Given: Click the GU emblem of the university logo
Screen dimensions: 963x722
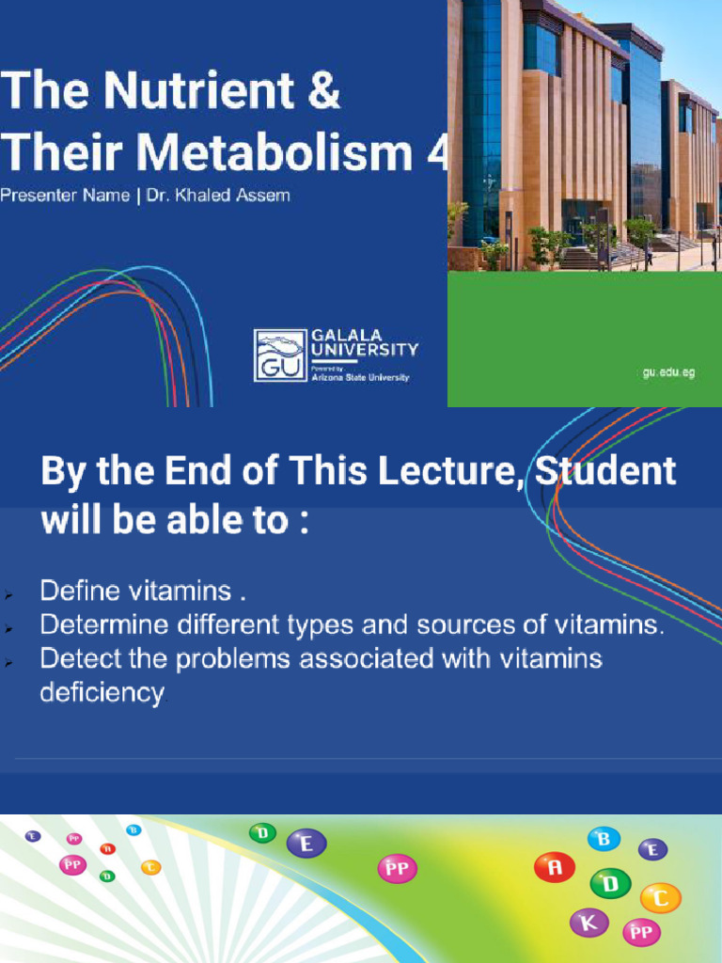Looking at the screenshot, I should pyautogui.click(x=280, y=355).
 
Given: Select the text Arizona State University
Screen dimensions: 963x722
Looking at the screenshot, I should pyautogui.click(x=360, y=377).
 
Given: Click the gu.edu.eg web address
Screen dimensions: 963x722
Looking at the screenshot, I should pyautogui.click(x=668, y=372).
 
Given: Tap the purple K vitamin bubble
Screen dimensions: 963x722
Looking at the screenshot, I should pyautogui.click(x=589, y=923).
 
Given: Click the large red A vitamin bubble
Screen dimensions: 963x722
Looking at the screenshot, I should pyautogui.click(x=554, y=867).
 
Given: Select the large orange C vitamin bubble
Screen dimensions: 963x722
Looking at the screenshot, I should pyautogui.click(x=660, y=898).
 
